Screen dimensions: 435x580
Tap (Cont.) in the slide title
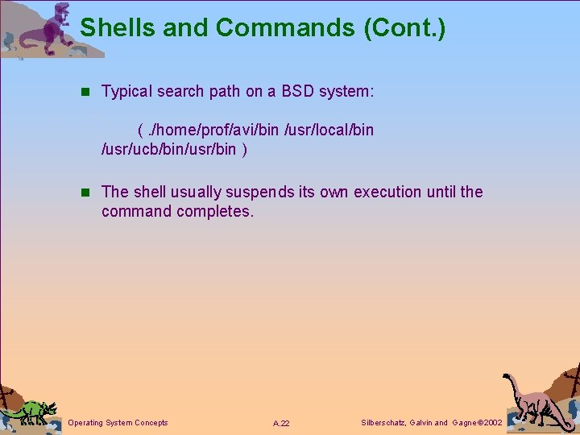pos(404,28)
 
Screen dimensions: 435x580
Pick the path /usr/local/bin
pos(329,130)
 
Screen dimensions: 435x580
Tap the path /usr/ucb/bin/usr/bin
pos(169,149)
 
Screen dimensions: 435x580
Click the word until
pos(452,192)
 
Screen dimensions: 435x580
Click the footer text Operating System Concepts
pos(118,423)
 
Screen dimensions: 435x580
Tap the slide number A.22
pos(281,423)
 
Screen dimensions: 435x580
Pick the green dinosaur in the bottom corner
pos(31,411)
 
